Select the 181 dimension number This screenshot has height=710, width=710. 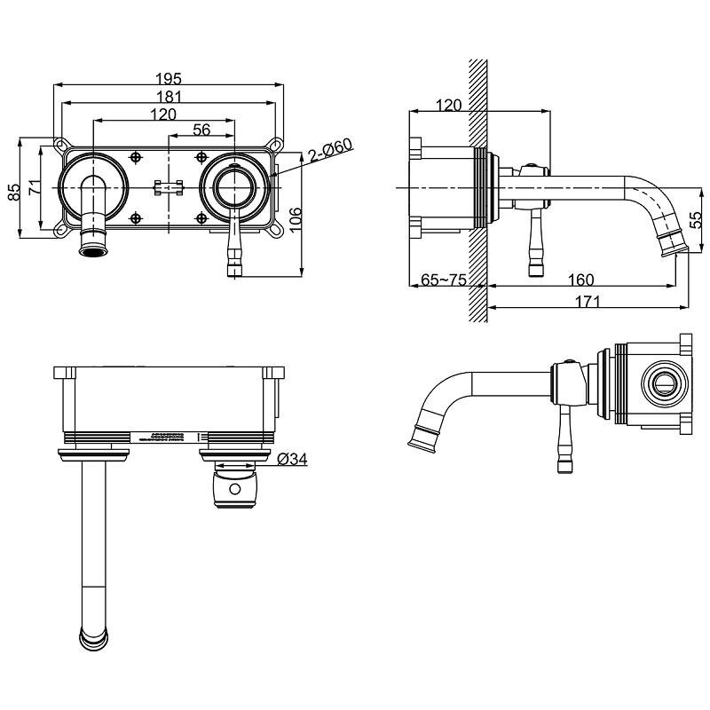coord(168,96)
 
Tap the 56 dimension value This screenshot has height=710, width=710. coord(201,130)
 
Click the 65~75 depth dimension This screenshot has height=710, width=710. coord(443,280)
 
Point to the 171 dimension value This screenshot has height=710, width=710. coord(586,302)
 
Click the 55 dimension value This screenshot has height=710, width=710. coord(697,217)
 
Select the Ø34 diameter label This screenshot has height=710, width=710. coord(293,459)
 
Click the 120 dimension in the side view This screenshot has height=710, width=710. coord(450,105)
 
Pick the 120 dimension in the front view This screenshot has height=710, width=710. coord(162,114)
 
